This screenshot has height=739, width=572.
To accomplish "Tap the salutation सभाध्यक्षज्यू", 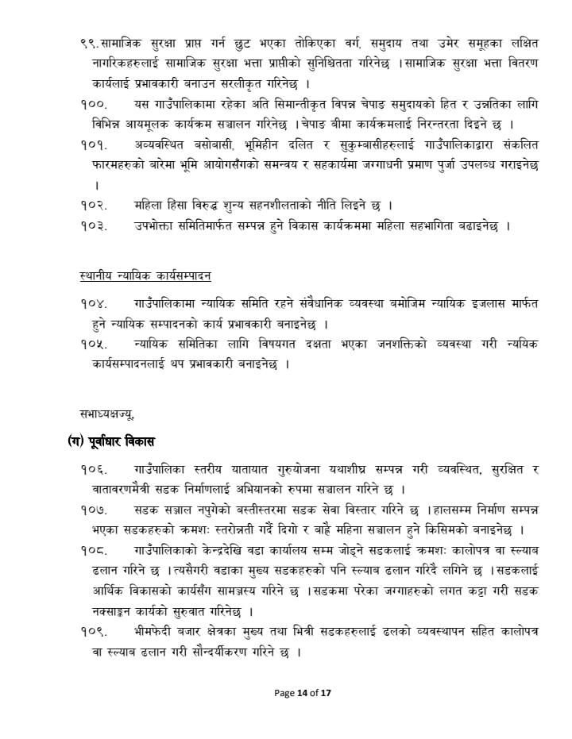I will tap(107, 413).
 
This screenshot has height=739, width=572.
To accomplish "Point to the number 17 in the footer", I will tap(326, 693).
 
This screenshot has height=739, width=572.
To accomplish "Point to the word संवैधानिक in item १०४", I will tap(319, 302).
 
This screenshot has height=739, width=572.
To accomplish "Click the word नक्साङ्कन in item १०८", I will tap(118, 611).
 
